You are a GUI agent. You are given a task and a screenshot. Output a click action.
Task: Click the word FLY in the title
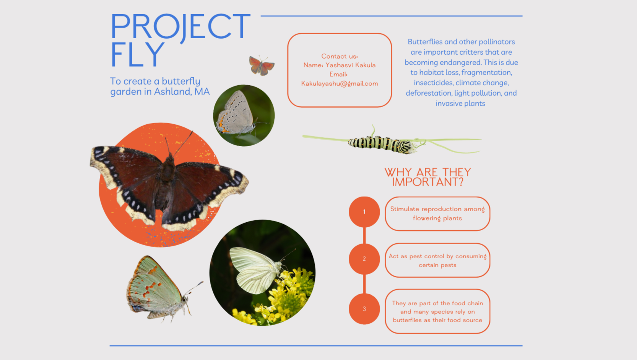138,55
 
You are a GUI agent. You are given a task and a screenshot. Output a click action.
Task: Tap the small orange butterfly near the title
262,66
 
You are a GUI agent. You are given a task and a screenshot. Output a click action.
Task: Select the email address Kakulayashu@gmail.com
340,84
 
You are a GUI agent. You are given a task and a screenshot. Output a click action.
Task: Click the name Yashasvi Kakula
350,65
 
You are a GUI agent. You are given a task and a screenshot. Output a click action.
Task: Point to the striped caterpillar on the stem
381,143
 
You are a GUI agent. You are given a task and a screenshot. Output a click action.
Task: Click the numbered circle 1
364,212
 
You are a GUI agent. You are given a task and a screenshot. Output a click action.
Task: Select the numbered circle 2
364,259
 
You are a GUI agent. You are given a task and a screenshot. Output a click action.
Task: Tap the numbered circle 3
364,309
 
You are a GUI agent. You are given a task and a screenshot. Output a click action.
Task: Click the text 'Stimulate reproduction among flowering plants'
437,213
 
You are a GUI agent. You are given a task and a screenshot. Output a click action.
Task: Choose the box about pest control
437,260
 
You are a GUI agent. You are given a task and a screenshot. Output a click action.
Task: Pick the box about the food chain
437,311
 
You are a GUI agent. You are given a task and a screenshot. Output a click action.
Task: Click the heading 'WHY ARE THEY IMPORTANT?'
428,177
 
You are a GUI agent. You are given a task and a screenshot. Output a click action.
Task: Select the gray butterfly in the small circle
239,114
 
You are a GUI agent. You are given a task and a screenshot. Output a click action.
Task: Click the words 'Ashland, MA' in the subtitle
182,92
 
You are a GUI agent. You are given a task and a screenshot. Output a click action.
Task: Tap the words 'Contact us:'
340,56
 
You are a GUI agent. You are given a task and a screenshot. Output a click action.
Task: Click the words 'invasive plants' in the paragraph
460,103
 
